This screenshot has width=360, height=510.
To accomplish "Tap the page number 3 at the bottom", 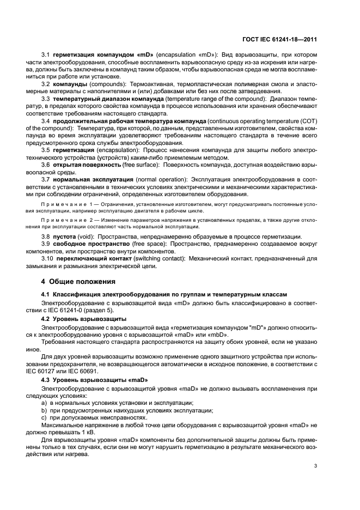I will click(315, 466).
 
